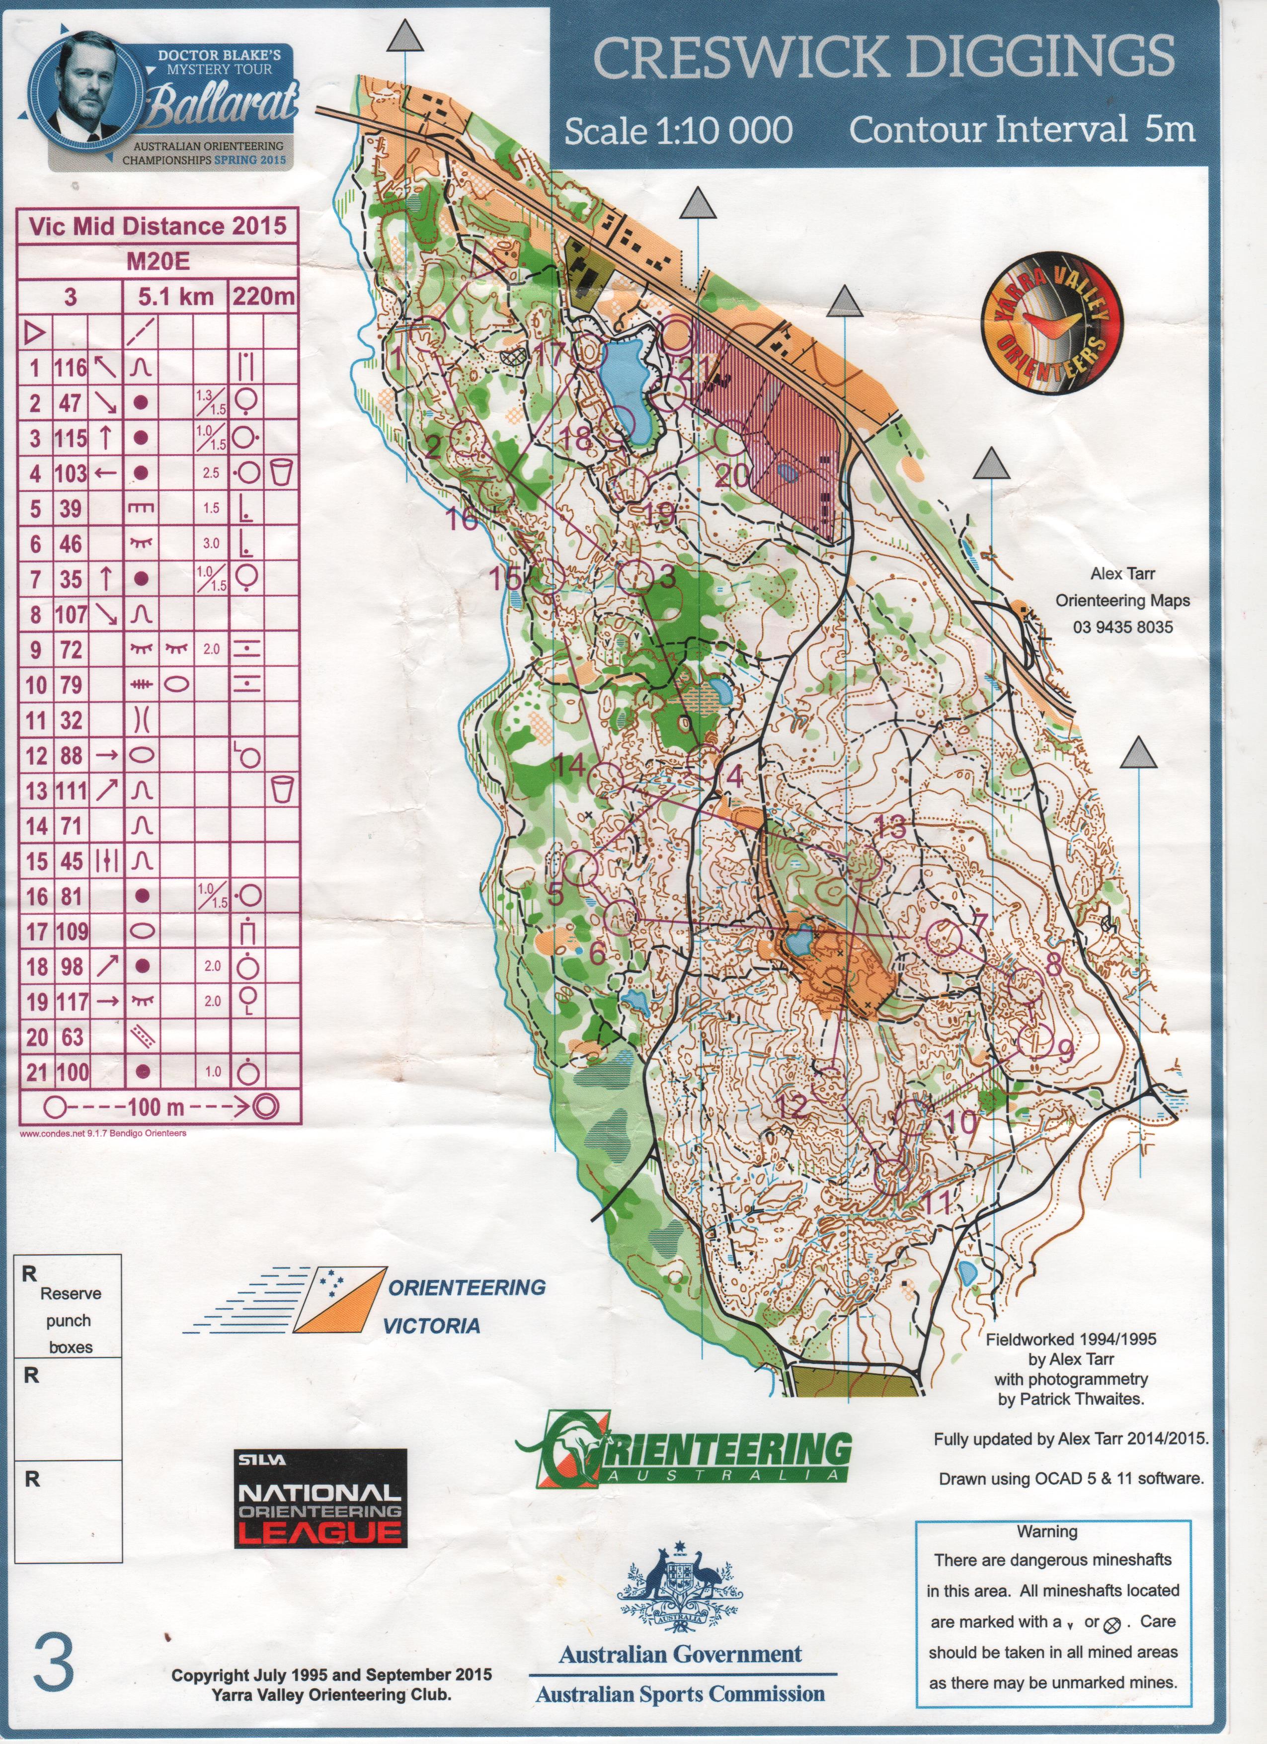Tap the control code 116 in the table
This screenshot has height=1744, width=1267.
(x=70, y=368)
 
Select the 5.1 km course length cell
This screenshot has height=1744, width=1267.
(x=175, y=297)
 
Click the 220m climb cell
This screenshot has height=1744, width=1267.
(x=262, y=297)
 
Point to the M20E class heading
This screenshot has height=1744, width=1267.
(x=157, y=261)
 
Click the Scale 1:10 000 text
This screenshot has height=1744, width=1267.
(x=678, y=131)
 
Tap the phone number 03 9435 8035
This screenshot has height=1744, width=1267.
(x=1122, y=627)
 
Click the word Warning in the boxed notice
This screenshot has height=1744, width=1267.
(x=1047, y=1532)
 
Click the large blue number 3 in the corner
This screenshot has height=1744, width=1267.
(x=54, y=1682)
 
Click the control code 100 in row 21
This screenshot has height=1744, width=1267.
(x=70, y=1072)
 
